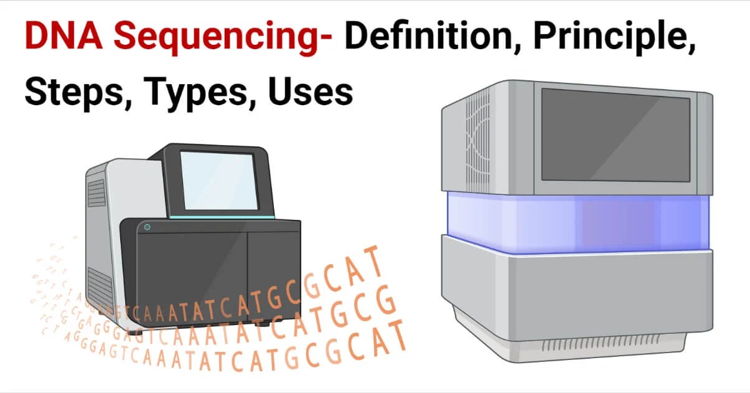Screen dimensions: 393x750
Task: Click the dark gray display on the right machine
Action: (x=615, y=134)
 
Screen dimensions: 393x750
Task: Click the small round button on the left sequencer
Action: (x=147, y=227)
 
